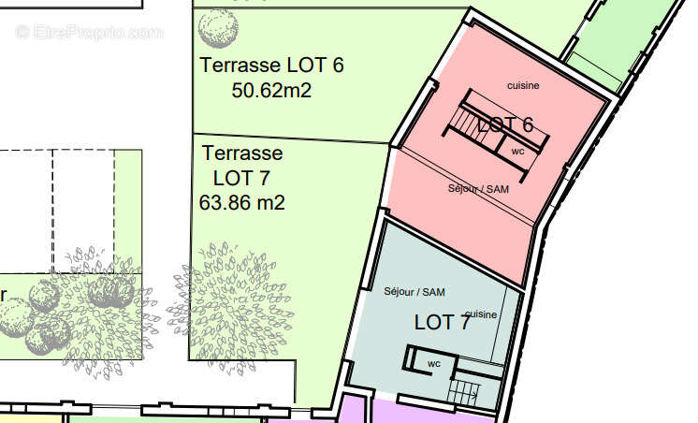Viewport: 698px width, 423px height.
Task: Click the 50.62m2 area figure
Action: tap(271, 91)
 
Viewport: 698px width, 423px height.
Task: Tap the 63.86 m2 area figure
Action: tap(241, 203)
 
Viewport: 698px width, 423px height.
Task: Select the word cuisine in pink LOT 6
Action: tap(523, 85)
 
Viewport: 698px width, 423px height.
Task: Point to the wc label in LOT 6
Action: tap(517, 152)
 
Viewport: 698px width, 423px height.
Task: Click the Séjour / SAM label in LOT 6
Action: tap(478, 189)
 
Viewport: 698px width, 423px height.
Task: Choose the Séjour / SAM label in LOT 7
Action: tap(414, 292)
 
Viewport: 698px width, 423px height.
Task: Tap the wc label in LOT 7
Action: tap(434, 364)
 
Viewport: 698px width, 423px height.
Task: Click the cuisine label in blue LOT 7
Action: tap(481, 314)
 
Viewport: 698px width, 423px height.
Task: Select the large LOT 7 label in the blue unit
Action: tap(442, 322)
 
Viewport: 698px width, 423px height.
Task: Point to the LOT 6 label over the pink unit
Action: tap(505, 124)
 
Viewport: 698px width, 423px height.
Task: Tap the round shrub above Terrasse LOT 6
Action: tap(218, 28)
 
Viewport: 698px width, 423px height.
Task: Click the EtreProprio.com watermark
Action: tap(89, 32)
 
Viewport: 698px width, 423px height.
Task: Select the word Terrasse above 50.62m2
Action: tap(240, 65)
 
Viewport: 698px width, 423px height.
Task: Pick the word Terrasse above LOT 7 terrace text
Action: tap(242, 153)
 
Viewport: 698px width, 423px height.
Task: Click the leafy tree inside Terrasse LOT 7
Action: tap(231, 307)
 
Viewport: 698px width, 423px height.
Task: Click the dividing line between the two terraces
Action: tap(291, 139)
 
